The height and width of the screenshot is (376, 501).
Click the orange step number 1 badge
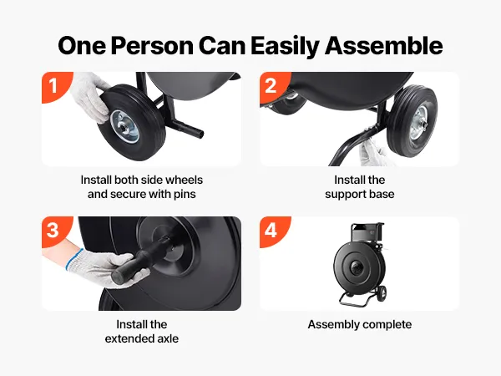(54, 86)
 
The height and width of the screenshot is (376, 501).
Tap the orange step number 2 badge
(272, 86)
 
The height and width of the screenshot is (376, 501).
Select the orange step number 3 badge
(54, 231)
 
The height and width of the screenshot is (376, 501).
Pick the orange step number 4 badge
(272, 231)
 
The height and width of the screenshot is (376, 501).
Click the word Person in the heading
(152, 46)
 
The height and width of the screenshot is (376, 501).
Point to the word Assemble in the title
(383, 46)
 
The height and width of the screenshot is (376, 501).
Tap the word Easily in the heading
(285, 47)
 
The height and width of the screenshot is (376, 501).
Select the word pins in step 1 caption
(185, 195)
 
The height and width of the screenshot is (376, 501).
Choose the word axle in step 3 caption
(168, 338)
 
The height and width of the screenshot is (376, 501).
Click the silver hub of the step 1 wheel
(124, 127)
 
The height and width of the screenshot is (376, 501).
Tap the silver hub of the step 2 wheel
(419, 122)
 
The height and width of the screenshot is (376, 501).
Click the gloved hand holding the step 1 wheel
(89, 97)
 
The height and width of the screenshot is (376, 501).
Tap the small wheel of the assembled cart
(382, 293)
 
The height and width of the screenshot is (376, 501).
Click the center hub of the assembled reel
(356, 267)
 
